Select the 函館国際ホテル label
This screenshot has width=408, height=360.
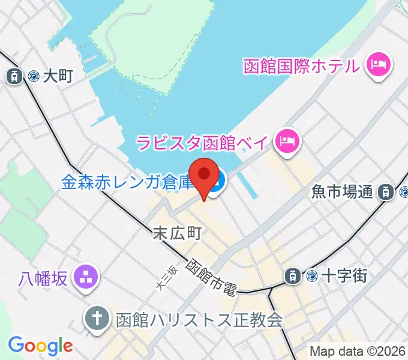click(x=302, y=64)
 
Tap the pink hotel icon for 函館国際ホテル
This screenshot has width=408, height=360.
click(x=379, y=64)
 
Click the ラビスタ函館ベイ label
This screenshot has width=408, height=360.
click(x=204, y=143)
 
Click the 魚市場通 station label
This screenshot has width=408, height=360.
click(x=342, y=192)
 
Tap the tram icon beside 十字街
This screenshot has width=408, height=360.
click(x=292, y=276)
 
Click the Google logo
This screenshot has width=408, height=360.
click(x=40, y=346)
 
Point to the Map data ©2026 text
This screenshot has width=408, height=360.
click(x=357, y=352)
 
